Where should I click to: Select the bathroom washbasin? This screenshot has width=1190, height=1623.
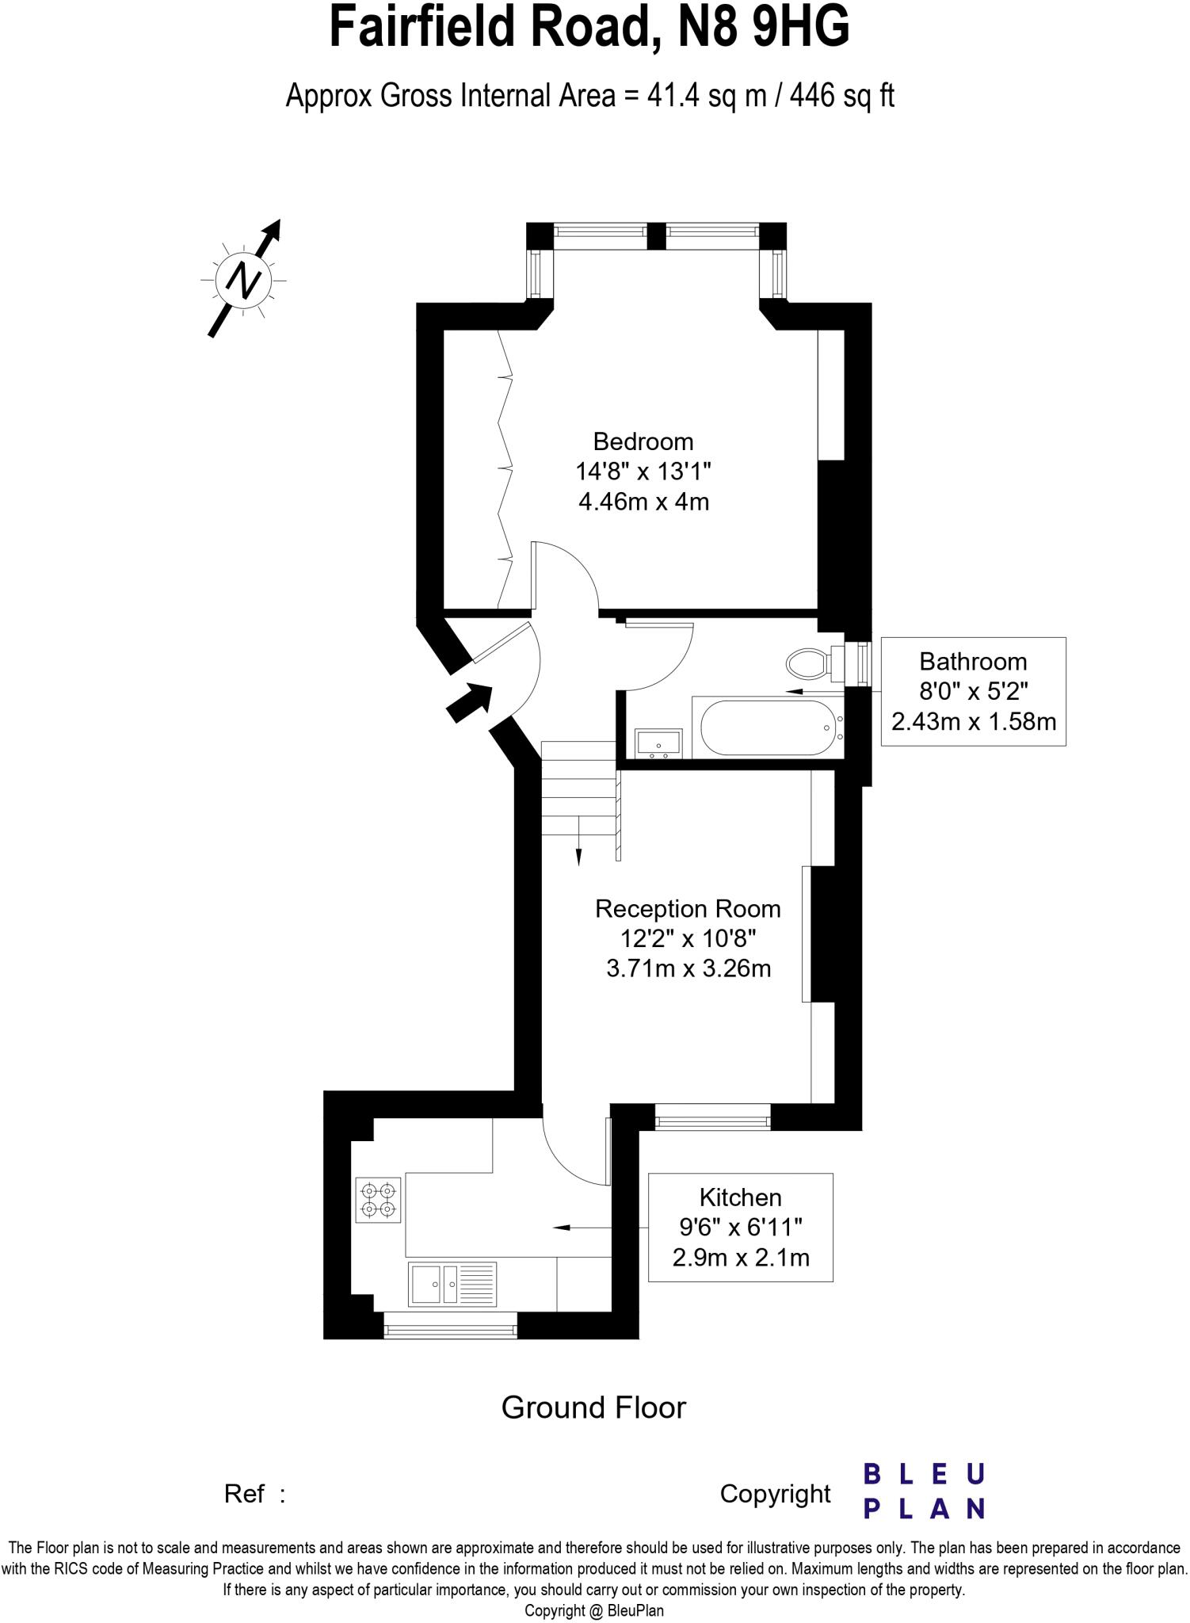point(658,743)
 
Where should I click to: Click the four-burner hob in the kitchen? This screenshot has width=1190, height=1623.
point(378,1200)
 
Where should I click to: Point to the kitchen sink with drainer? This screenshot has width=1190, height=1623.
point(452,1284)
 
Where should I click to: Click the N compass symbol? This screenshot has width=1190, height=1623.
point(243,280)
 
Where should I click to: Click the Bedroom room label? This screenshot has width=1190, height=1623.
point(643,441)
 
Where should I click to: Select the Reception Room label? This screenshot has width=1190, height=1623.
point(688,909)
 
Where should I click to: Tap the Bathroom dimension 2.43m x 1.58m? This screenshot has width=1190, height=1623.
point(973,722)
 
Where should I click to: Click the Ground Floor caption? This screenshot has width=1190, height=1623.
point(593,1407)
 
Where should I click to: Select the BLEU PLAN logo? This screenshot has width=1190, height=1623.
point(923,1491)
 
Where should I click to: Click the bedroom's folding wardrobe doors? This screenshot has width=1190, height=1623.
point(504,468)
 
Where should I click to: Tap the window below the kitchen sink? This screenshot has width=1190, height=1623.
point(450,1325)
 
